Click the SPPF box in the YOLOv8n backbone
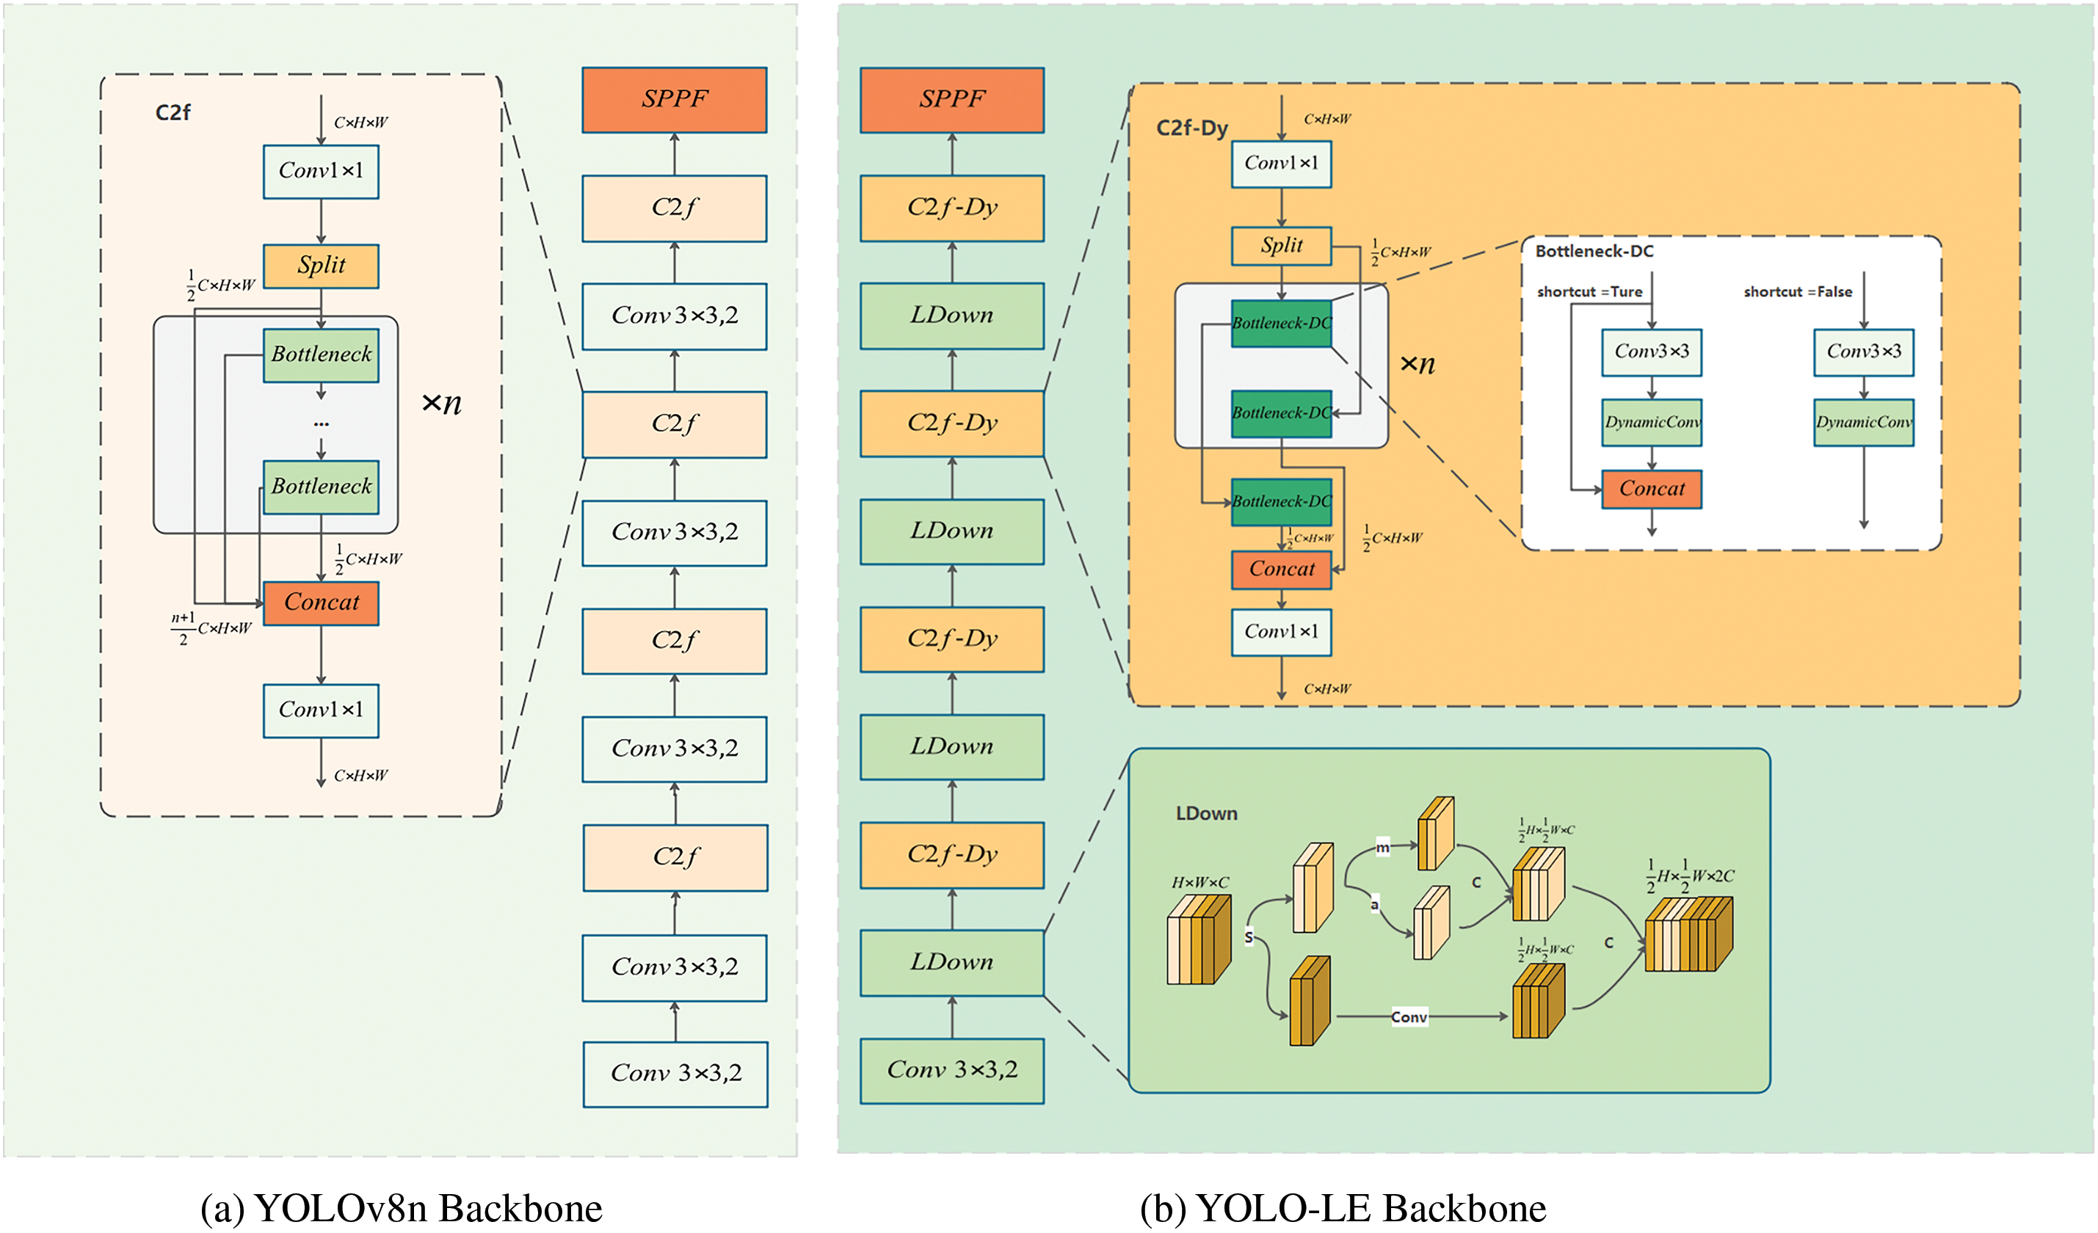(x=674, y=100)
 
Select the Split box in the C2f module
(x=321, y=266)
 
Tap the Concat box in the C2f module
(x=321, y=602)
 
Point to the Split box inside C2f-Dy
(x=1280, y=246)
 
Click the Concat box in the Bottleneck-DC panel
(x=1651, y=489)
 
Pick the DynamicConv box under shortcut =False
(x=1863, y=422)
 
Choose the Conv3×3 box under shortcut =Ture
(x=1651, y=352)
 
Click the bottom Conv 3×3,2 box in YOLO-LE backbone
(x=951, y=1070)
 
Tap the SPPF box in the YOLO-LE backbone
(x=951, y=100)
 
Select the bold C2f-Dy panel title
(x=1191, y=128)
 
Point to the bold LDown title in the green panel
(x=1205, y=813)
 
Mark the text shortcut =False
(x=1798, y=292)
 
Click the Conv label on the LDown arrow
(x=1409, y=1016)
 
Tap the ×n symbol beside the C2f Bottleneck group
(x=441, y=403)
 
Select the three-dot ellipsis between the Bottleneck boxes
(x=322, y=423)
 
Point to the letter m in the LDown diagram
(x=1382, y=848)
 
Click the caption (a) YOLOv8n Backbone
(x=402, y=1208)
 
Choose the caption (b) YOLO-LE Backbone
(x=1342, y=1208)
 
